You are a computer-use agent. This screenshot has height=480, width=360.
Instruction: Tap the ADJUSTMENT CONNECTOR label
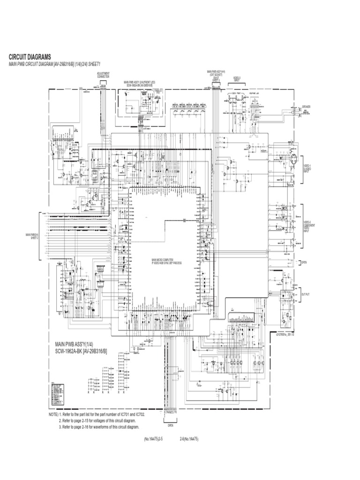[x=103, y=75]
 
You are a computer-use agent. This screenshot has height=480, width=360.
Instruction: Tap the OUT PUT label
[x=306, y=294]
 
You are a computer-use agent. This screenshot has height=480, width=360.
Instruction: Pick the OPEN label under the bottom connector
[x=171, y=426]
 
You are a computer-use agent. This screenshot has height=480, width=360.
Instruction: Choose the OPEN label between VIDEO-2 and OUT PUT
[x=304, y=262]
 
